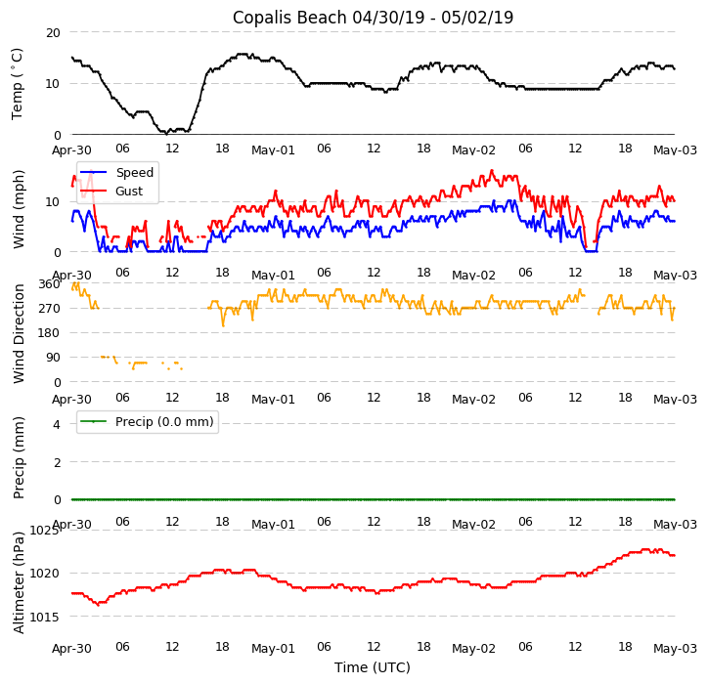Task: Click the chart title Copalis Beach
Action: [x=373, y=18]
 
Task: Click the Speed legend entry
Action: [x=134, y=173]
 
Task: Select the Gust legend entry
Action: [x=128, y=192]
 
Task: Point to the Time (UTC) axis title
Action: [x=373, y=667]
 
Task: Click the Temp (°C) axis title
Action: [x=18, y=83]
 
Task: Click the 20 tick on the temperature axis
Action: [x=52, y=32]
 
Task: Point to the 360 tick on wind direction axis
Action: [x=49, y=283]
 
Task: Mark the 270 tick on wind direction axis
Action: [x=49, y=308]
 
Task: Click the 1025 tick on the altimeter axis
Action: [x=45, y=531]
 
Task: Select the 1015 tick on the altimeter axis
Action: [x=45, y=618]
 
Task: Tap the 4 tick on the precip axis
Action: [x=56, y=424]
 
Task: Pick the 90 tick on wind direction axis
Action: [x=52, y=358]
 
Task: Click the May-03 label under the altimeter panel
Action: [x=675, y=649]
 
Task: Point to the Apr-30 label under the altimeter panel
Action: [x=71, y=649]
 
